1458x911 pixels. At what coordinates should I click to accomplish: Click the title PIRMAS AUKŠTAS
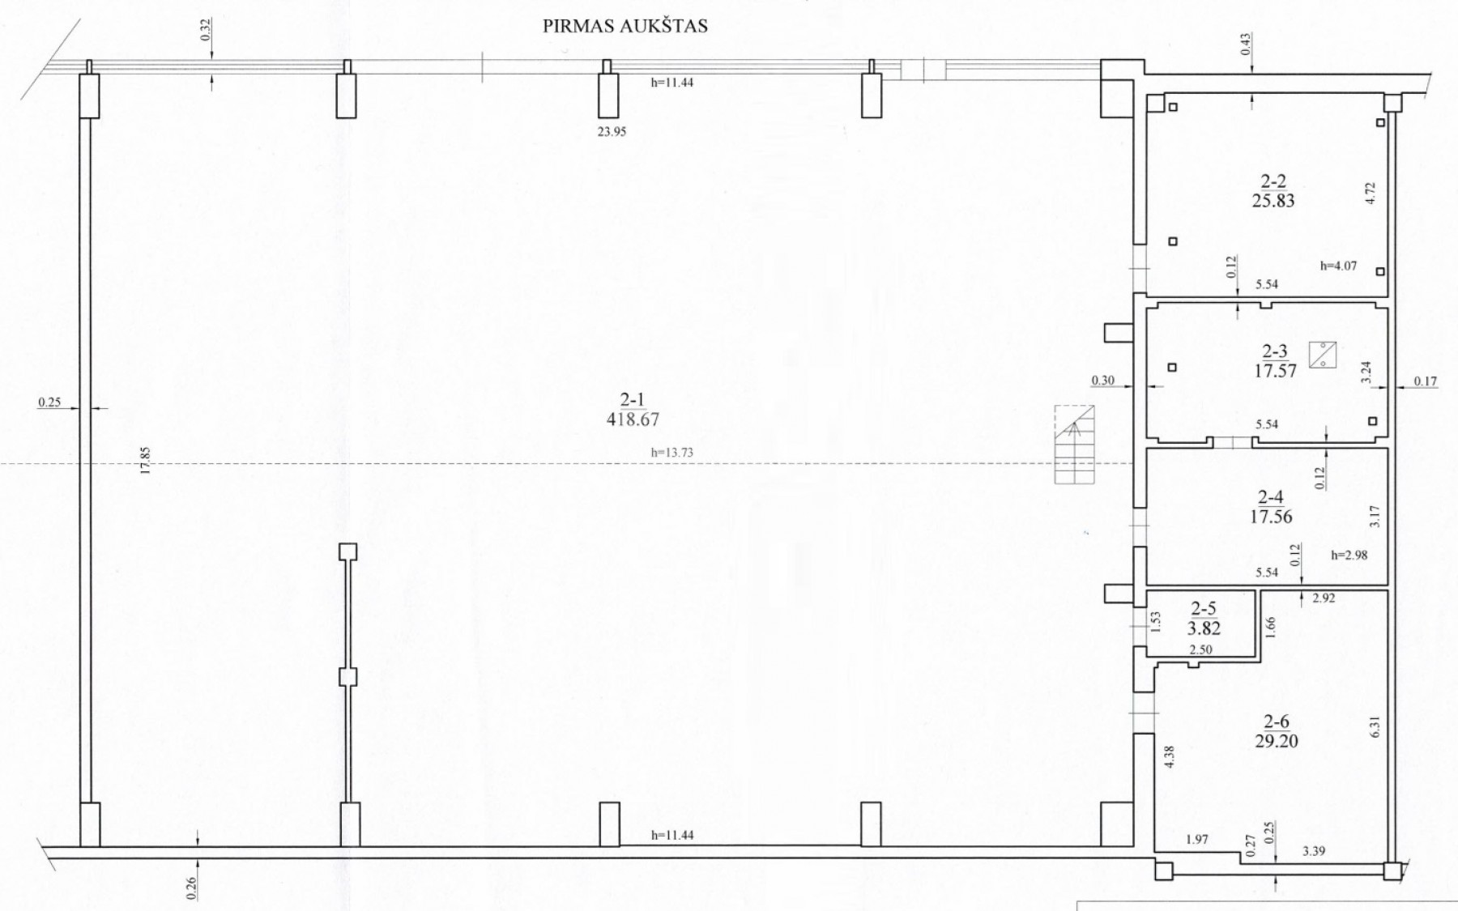(x=625, y=26)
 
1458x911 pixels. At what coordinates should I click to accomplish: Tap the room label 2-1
(x=632, y=398)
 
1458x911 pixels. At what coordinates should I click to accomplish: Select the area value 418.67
(x=633, y=419)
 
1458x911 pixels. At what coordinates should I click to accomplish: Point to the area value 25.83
(x=1273, y=201)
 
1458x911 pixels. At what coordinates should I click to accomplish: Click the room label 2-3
(x=1275, y=351)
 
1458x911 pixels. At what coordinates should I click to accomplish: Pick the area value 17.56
(x=1271, y=517)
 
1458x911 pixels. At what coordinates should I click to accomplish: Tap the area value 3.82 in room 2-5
(x=1204, y=628)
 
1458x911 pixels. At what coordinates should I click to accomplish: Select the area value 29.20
(x=1277, y=740)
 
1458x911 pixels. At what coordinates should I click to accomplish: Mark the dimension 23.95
(x=612, y=131)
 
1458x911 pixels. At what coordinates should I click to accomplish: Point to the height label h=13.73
(x=672, y=453)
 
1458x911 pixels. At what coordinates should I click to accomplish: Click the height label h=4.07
(x=1338, y=266)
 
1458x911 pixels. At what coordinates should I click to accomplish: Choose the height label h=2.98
(x=1349, y=555)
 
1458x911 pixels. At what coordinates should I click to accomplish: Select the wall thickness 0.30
(x=1102, y=380)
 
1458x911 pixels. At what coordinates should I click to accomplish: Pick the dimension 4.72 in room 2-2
(x=1370, y=192)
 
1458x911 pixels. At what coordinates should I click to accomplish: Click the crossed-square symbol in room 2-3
(x=1323, y=355)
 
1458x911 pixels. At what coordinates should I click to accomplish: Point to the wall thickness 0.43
(x=1246, y=43)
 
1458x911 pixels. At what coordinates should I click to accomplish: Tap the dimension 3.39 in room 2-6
(x=1314, y=851)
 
